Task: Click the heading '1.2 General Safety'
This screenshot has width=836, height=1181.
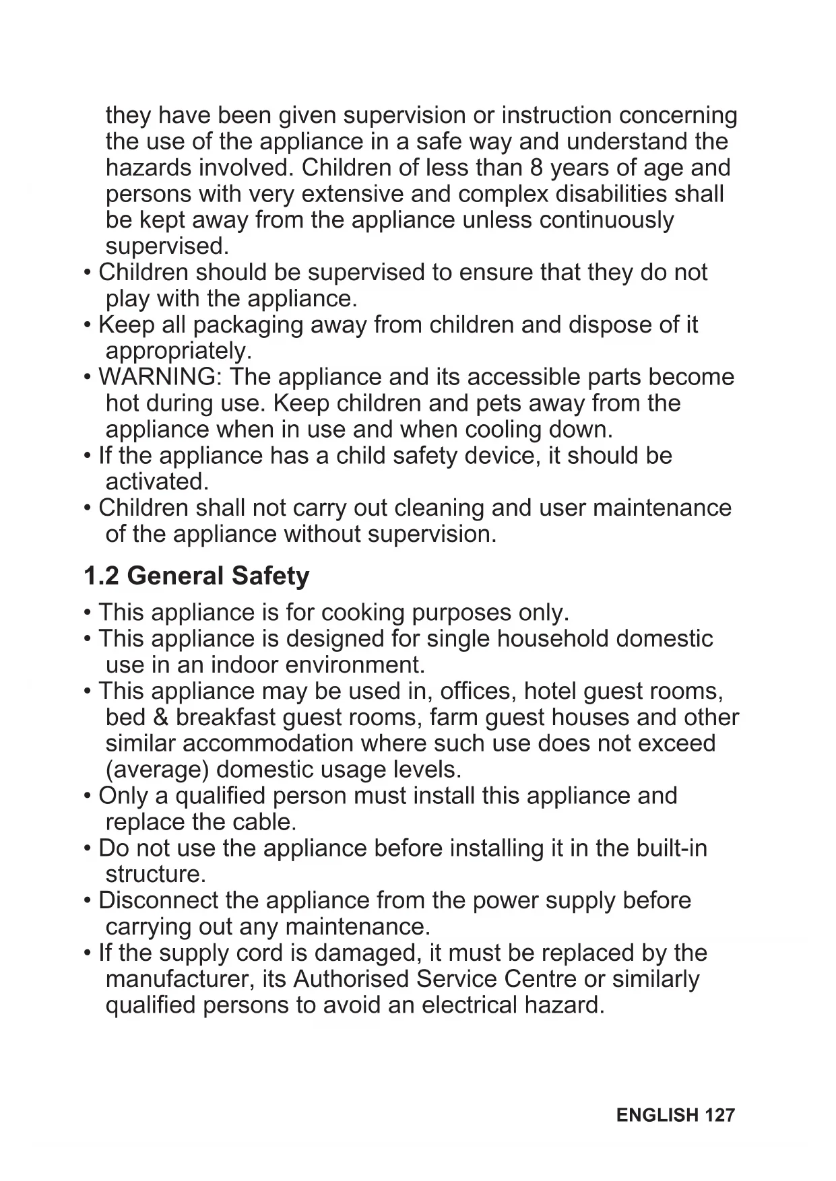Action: point(196,576)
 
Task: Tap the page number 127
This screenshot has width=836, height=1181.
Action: point(719,1115)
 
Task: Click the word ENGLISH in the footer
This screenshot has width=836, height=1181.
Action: point(657,1115)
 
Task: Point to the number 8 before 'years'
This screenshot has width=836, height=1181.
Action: point(537,168)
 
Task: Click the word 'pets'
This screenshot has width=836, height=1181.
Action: point(499,403)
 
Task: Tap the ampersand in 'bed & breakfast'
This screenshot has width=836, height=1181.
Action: point(161,718)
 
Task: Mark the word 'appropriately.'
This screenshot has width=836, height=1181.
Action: point(179,351)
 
